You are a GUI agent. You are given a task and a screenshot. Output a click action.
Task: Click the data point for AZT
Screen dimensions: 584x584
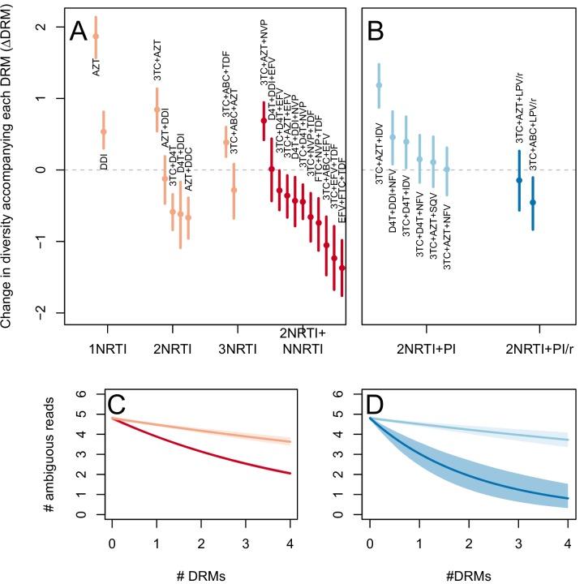[96, 36]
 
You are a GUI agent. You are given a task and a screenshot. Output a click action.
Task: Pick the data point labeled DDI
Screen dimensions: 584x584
[103, 131]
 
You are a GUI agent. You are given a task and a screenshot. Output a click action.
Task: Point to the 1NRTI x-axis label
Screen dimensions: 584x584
[106, 350]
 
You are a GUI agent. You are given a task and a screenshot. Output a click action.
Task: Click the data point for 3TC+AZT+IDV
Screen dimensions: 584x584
[379, 85]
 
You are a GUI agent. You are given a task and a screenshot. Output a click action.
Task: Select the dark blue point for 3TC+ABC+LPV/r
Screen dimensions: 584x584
[533, 202]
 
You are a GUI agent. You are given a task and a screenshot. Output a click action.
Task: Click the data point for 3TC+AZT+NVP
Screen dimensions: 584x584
[264, 120]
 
